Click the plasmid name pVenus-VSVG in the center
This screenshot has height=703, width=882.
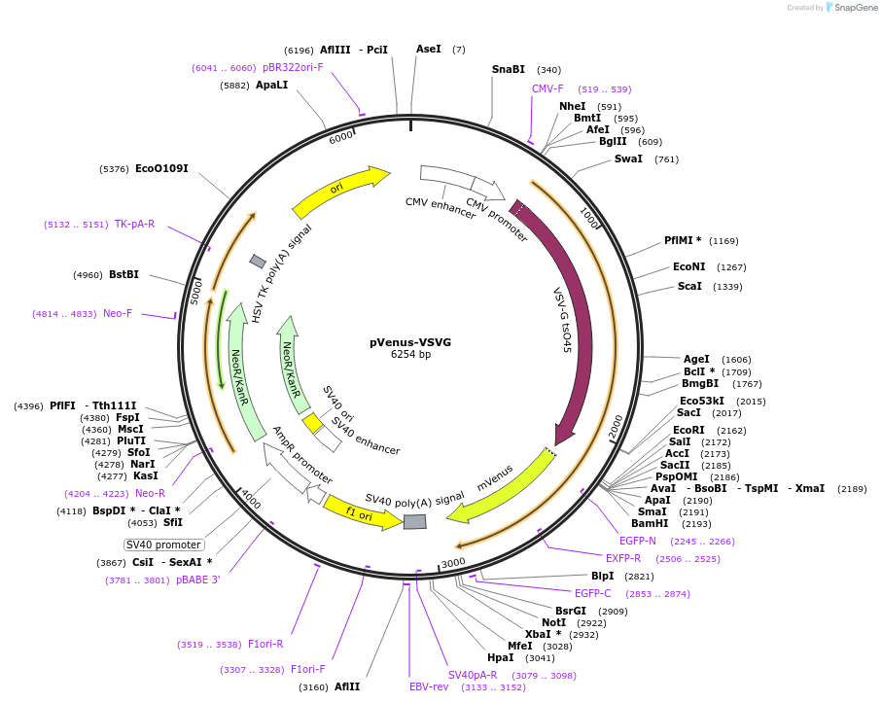pos(409,342)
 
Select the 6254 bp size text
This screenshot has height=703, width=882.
pos(409,355)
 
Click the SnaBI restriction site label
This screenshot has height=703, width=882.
pos(508,69)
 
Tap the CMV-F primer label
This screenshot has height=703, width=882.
pos(547,88)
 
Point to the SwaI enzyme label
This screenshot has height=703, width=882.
pos(628,158)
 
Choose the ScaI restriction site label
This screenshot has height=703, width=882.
pos(689,286)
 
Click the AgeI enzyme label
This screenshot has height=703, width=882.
pos(696,359)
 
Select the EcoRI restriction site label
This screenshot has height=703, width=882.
pos(688,430)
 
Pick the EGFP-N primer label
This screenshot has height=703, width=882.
pos(638,541)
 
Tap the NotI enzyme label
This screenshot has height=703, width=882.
pos(553,622)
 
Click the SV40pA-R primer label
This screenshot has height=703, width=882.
pos(473,675)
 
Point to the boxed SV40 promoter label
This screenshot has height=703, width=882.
pos(164,545)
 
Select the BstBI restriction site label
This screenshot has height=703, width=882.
pos(123,274)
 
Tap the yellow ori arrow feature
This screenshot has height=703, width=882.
pos(339,192)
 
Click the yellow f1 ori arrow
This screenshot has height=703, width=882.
pos(361,512)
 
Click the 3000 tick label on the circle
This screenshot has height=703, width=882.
pos(453,562)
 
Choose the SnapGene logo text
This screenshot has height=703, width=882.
pos(855,8)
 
